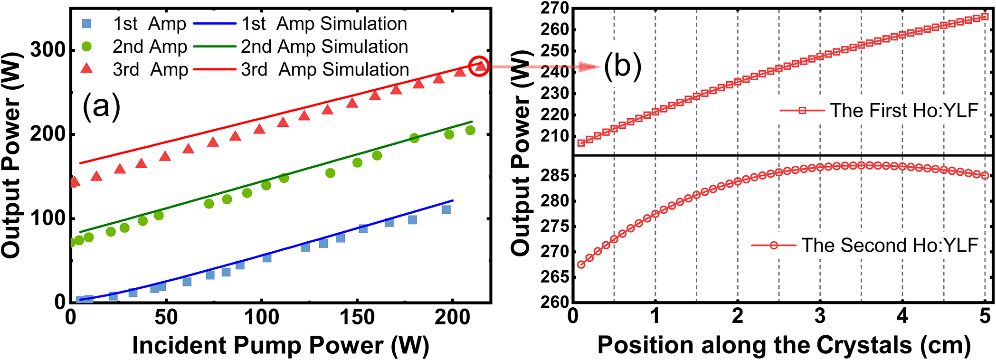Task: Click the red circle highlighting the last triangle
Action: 479,66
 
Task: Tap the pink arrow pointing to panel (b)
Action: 546,66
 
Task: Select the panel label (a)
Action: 101,106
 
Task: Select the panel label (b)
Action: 622,66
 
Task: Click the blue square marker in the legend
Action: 86,24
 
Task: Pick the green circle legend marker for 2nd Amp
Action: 86,47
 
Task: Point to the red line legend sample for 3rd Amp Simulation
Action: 215,69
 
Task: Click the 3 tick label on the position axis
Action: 820,316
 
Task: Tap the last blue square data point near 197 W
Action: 446,209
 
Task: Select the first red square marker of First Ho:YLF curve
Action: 581,143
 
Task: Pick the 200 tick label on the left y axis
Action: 47,134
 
